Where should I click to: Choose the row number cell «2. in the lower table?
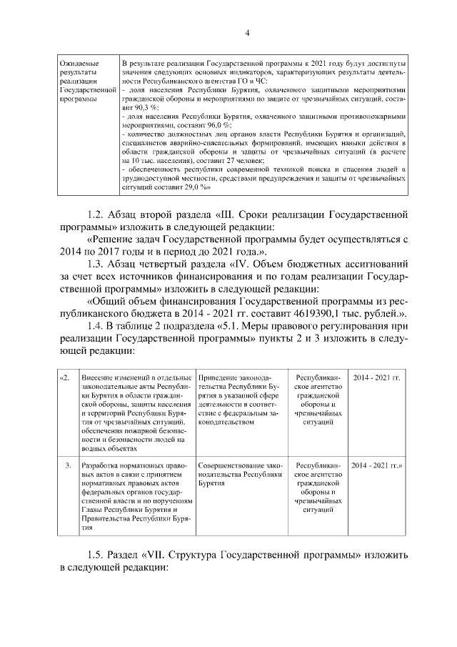pos(66,377)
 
